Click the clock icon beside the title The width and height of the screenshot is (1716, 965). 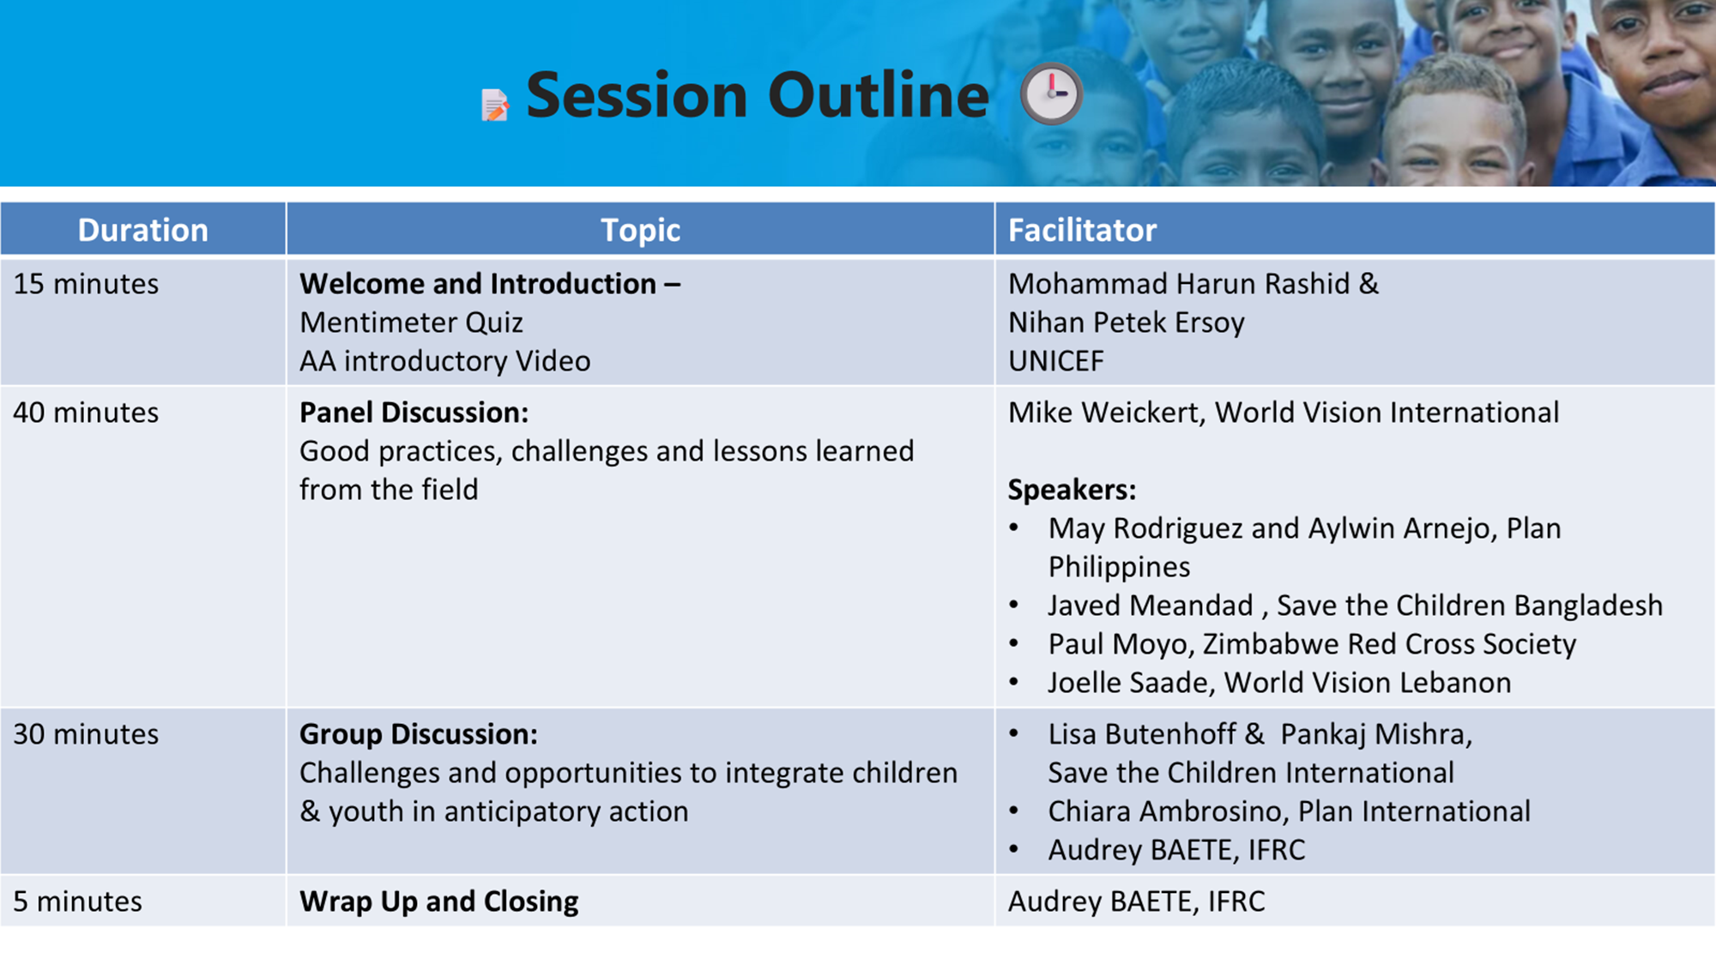pyautogui.click(x=1051, y=93)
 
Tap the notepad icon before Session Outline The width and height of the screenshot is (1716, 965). pyautogui.click(x=495, y=105)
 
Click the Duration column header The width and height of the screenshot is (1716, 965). pyautogui.click(x=143, y=230)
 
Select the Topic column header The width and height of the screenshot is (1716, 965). pyautogui.click(x=640, y=230)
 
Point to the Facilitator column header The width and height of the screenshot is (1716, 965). pyautogui.click(x=1083, y=230)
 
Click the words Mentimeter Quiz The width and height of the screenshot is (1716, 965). pyautogui.click(x=412, y=323)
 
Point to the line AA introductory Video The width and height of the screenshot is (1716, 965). pyautogui.click(x=445, y=361)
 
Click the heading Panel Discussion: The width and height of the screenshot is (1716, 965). pyautogui.click(x=414, y=413)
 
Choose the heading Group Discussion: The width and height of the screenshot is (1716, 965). pyautogui.click(x=419, y=734)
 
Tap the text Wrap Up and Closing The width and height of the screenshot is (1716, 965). pyautogui.click(x=439, y=902)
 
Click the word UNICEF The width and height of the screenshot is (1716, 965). pyautogui.click(x=1056, y=361)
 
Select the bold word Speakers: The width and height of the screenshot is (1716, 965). pyautogui.click(x=1072, y=490)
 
